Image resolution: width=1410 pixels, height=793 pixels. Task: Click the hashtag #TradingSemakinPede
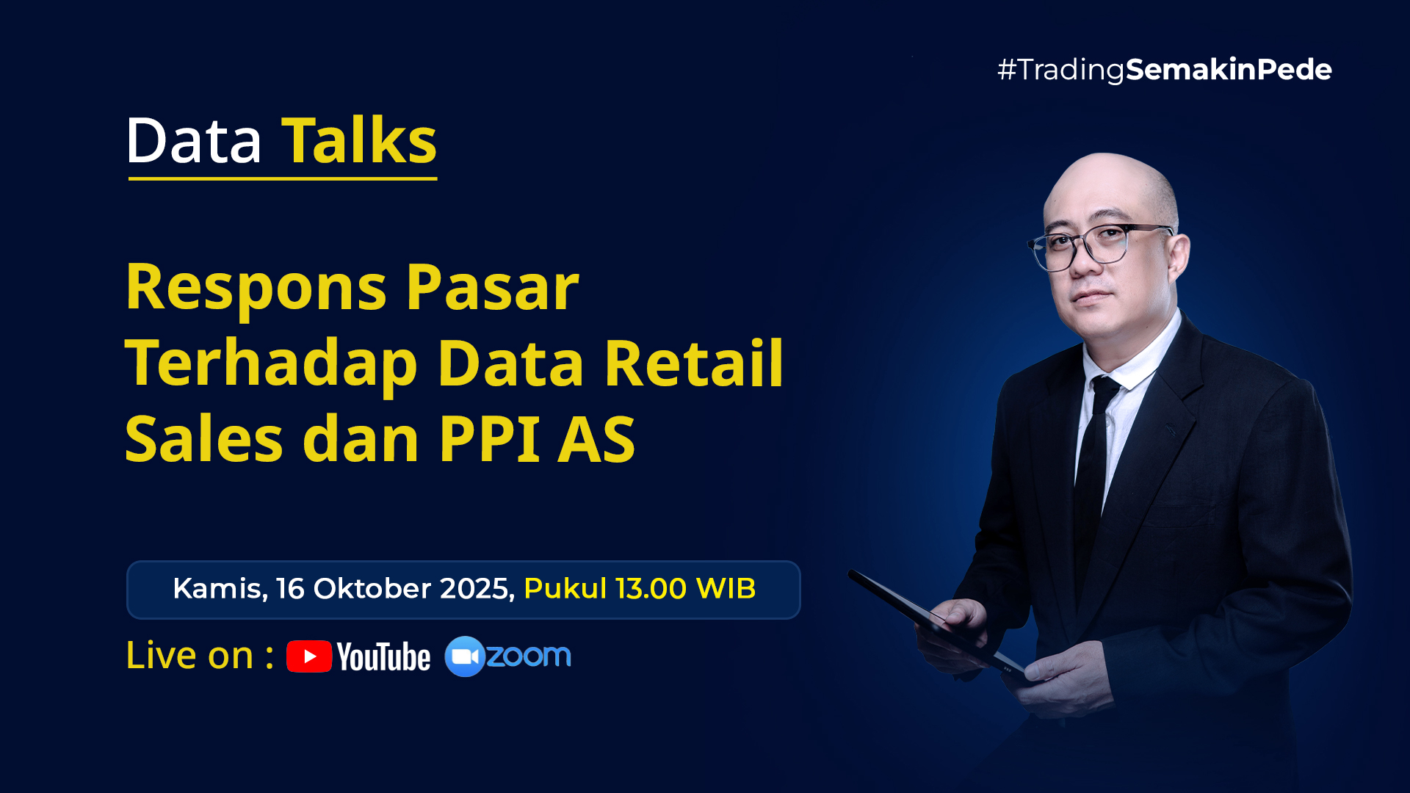1165,70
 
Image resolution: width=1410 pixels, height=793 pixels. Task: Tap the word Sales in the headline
204,438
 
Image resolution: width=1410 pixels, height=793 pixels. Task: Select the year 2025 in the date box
477,589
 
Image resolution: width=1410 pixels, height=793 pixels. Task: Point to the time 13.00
651,589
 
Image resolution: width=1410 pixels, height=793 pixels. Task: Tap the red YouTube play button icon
309,656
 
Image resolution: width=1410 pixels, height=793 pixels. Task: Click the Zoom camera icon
465,656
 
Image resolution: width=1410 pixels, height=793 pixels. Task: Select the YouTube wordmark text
384,657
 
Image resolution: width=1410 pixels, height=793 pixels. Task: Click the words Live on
189,655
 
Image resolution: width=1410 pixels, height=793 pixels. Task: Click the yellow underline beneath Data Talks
283,178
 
